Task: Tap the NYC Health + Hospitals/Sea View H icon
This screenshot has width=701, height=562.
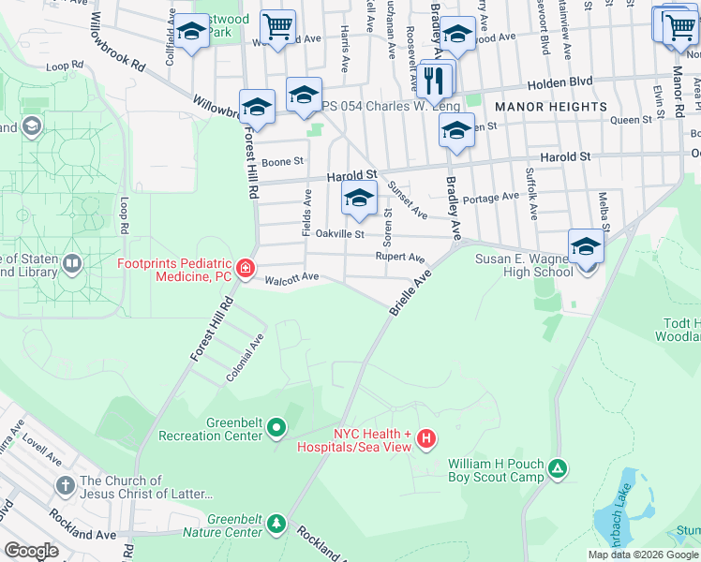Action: pos(426,437)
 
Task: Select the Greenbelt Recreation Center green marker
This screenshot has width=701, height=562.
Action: pos(276,428)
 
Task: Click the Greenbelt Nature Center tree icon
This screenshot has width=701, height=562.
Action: pos(276,522)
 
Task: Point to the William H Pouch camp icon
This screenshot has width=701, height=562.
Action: pos(558,467)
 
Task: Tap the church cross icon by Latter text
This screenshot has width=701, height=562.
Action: pos(65,485)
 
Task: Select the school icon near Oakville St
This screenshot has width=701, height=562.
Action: pos(358,198)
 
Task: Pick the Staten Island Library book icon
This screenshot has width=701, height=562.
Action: pos(72,265)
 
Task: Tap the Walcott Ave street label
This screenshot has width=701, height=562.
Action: pos(292,277)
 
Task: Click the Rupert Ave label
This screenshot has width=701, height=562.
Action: pos(400,257)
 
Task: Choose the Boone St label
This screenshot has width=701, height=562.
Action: pos(283,161)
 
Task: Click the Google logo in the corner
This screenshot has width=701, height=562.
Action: pos(31,550)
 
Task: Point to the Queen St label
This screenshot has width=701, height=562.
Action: pos(630,120)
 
